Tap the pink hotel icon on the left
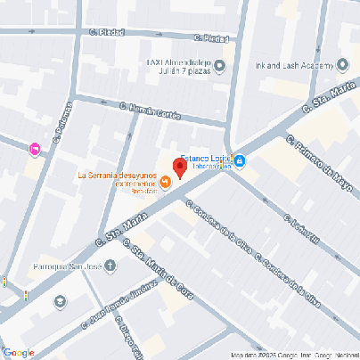[x=35, y=149]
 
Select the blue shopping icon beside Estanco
[x=241, y=161]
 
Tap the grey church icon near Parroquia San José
[x=110, y=265]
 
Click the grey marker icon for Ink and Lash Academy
[x=343, y=64]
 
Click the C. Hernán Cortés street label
[x=151, y=110]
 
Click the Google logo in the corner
[x=19, y=352]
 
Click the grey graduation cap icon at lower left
[x=60, y=301]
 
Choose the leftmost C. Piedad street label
[x=106, y=33]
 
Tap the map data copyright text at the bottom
[x=294, y=356]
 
